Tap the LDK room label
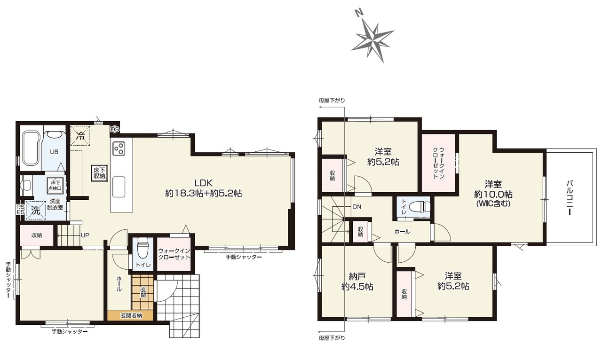[204, 188]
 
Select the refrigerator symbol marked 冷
[80, 136]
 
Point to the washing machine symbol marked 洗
[35, 211]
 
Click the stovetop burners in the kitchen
[119, 149]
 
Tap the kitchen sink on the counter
[119, 187]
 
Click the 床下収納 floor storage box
[99, 173]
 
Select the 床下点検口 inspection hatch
[55, 185]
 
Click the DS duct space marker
[115, 129]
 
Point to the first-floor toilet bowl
[143, 248]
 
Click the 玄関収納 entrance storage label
[131, 316]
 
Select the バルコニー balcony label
[569, 198]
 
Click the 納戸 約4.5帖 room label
[357, 282]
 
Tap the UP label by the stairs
[85, 235]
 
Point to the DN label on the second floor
[357, 207]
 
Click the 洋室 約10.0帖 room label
[493, 194]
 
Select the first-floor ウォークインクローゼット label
[174, 254]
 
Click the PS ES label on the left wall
[21, 210]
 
